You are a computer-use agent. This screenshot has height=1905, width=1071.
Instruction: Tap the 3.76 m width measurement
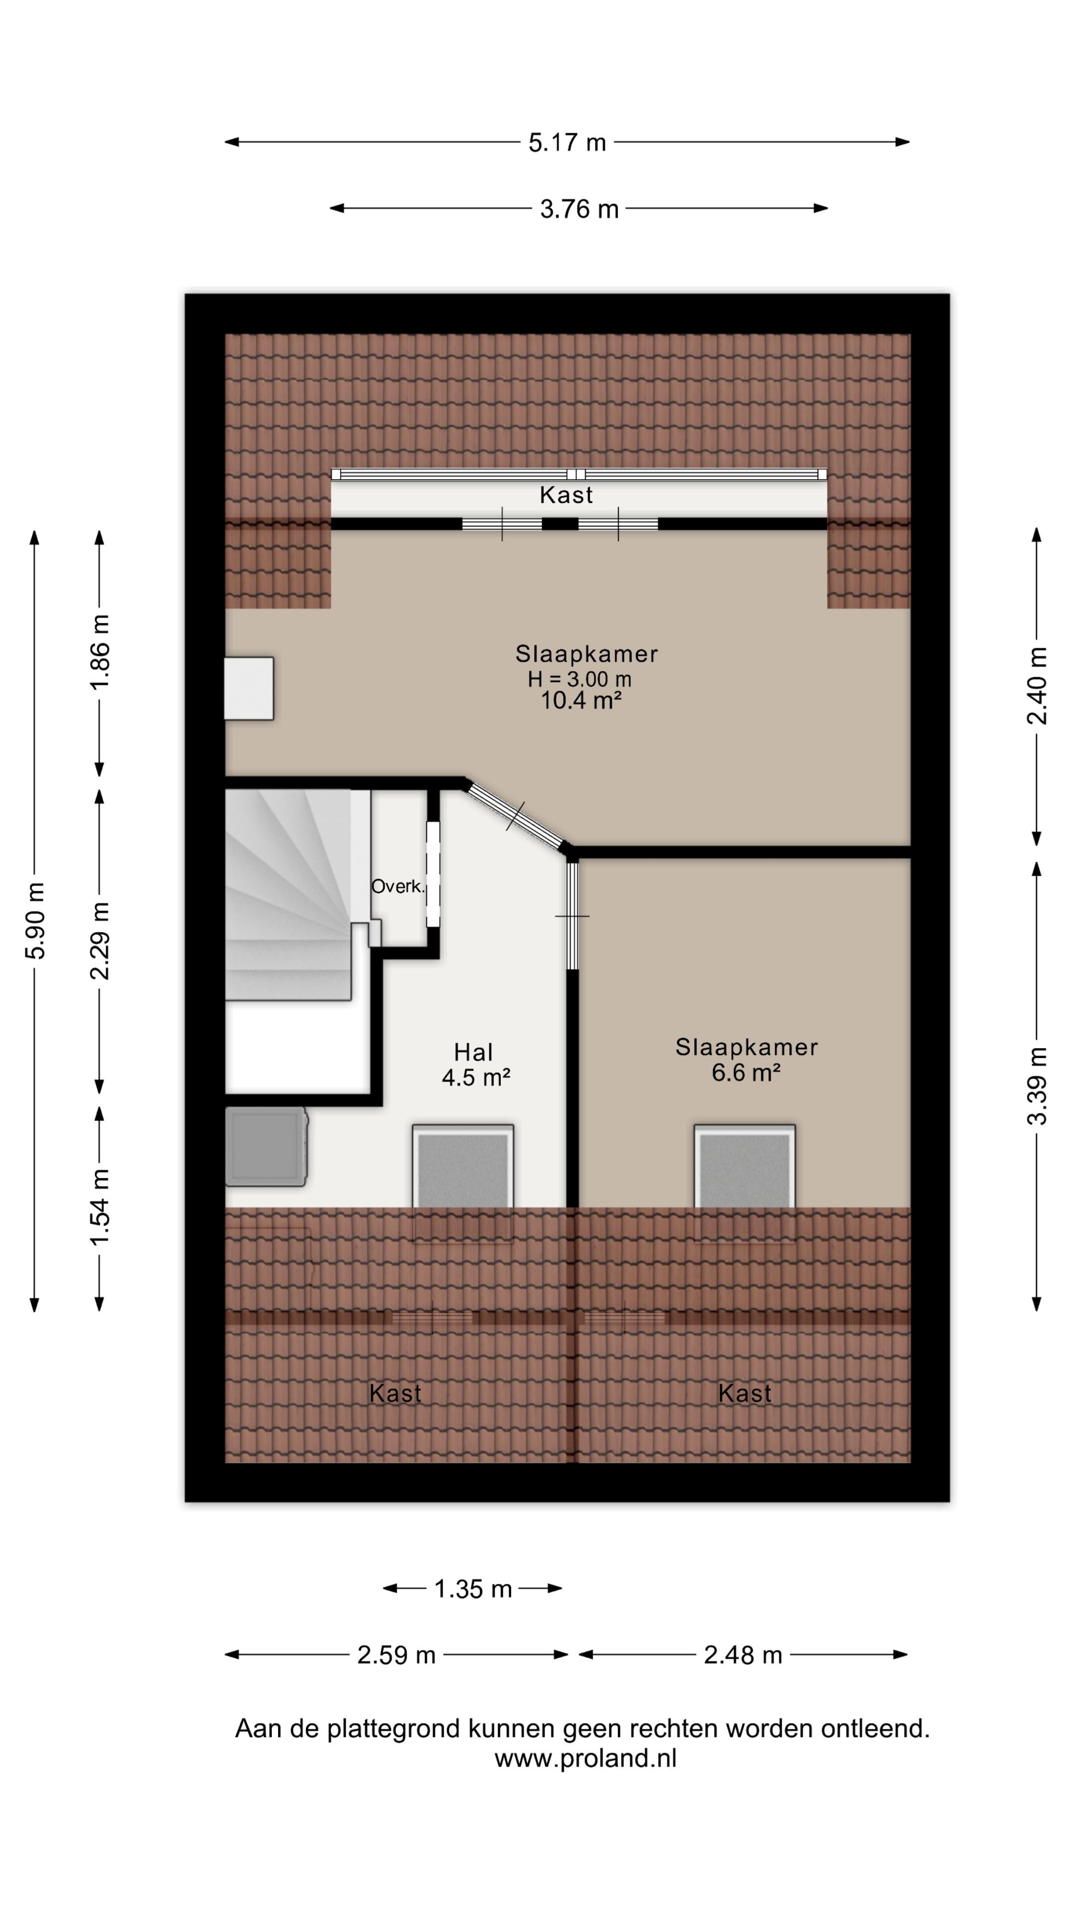[x=579, y=209]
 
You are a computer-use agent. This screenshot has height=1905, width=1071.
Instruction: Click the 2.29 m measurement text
[x=100, y=941]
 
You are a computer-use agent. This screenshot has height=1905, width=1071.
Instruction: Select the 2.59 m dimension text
[x=396, y=1655]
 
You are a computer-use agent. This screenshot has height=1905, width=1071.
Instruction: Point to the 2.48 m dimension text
[x=743, y=1655]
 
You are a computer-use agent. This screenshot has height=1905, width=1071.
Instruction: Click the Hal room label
[x=473, y=1052]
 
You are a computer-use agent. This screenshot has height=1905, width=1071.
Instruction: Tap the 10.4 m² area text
[x=581, y=700]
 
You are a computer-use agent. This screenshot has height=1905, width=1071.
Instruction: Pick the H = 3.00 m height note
[x=580, y=679]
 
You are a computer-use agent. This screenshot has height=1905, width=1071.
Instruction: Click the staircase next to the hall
[x=288, y=895]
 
